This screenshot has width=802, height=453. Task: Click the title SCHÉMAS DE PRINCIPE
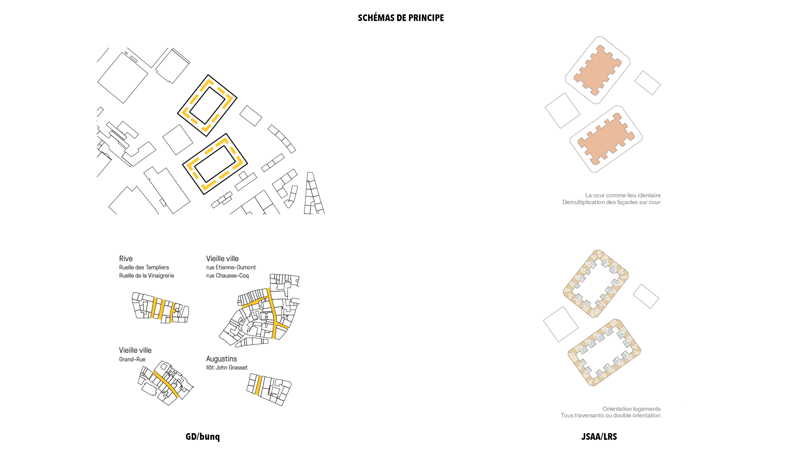point(401,18)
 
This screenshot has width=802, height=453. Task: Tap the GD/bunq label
point(203,437)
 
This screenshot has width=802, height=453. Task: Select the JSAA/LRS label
point(599,437)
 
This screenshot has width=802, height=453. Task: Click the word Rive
point(126,259)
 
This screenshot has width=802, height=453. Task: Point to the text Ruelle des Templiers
point(144,267)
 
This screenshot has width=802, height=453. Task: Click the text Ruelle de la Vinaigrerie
point(146,276)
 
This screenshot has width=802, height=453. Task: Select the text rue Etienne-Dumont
point(231,267)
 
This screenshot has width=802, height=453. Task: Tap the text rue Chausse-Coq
point(227,276)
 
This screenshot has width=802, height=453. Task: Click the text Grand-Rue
point(132,359)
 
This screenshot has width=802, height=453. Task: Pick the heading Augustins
point(221,359)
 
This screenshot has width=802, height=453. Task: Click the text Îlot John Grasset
point(227,368)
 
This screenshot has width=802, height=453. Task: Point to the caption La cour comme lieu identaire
point(623,195)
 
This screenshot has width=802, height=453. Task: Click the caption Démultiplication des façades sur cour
point(611,202)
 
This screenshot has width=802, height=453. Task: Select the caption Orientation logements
point(631,409)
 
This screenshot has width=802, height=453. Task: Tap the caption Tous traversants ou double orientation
point(610,415)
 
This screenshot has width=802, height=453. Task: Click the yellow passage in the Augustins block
point(258,385)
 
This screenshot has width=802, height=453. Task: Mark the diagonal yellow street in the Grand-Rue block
point(166,385)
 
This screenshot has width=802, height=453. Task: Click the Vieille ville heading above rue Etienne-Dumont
point(222,259)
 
